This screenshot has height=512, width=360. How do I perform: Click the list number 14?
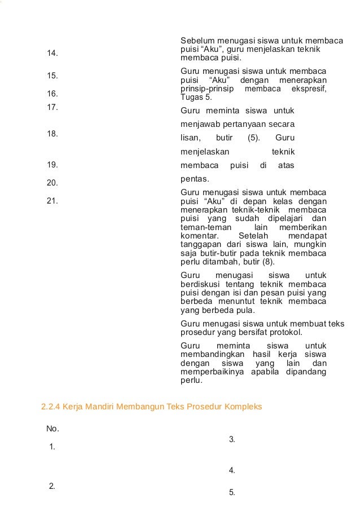[52, 53]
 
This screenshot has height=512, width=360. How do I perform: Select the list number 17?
[52, 107]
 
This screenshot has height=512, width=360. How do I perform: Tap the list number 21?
[52, 200]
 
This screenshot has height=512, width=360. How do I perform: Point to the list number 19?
[52, 165]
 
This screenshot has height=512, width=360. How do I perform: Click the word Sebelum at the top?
[197, 41]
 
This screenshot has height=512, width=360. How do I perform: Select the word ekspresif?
[309, 89]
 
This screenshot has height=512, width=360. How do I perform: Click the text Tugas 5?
[193, 97]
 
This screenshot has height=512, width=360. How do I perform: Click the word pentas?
[194, 179]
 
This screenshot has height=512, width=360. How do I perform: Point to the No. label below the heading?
[52, 429]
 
